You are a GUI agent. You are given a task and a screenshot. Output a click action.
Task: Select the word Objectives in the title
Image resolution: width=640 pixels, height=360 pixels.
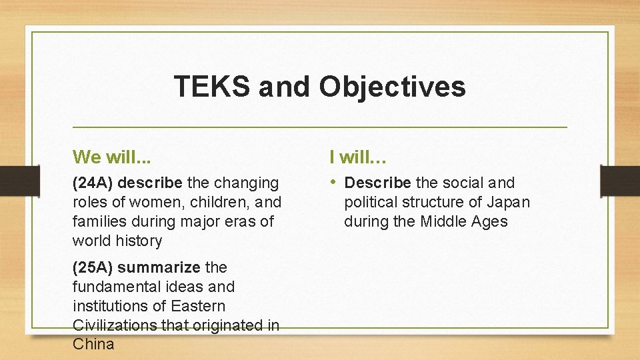[392, 87]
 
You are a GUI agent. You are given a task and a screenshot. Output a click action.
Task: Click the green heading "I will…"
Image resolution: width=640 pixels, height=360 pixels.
[359, 157]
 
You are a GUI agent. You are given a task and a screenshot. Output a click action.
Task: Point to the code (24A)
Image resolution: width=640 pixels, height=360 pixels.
[93, 183]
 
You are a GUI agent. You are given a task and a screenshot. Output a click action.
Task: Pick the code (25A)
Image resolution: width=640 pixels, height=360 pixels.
[93, 267]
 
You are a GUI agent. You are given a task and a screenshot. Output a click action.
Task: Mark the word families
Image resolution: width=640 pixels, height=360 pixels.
[97, 221]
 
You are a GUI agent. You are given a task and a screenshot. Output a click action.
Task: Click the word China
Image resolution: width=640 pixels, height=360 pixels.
[93, 345]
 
